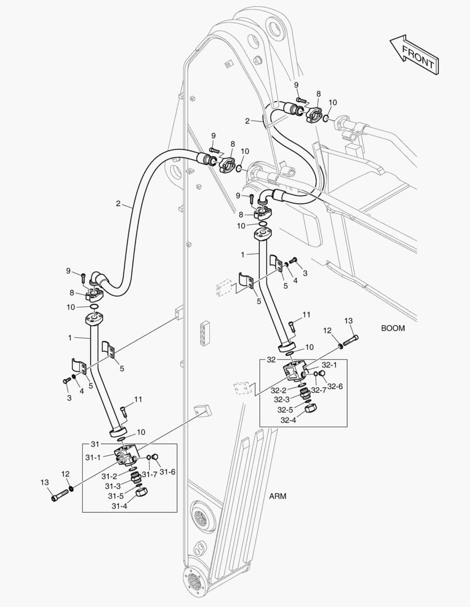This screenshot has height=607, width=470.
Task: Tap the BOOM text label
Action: (x=392, y=328)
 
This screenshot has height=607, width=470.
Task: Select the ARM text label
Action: (x=277, y=496)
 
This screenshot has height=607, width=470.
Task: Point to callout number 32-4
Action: (x=288, y=420)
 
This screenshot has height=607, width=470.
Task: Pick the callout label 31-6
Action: (x=167, y=472)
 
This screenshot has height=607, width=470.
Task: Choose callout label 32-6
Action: (x=335, y=386)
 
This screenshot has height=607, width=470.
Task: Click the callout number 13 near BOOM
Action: (x=348, y=320)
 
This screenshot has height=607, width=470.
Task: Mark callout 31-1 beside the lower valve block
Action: (x=93, y=457)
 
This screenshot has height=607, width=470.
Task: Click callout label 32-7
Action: (x=319, y=390)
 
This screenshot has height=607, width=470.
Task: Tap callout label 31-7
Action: (x=149, y=475)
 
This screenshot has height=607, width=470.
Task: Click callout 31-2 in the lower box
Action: (x=111, y=476)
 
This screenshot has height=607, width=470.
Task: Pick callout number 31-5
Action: (x=116, y=496)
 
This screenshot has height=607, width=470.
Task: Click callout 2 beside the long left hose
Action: (x=118, y=203)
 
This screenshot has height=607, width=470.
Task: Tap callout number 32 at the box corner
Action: (x=271, y=359)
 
